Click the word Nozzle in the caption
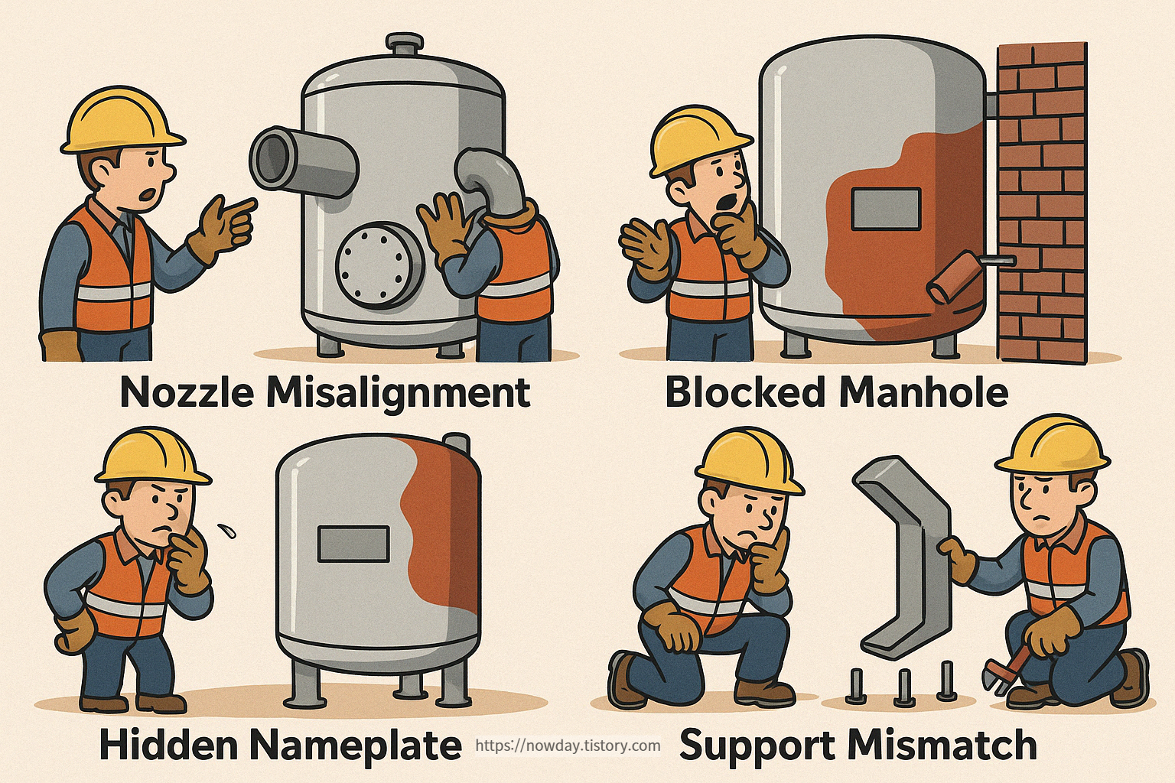click(x=187, y=392)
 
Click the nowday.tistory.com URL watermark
click(x=568, y=746)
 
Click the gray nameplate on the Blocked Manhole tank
click(x=885, y=209)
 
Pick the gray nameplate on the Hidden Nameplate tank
click(x=353, y=544)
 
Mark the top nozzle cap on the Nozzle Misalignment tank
click(x=403, y=44)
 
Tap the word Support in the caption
click(x=747, y=745)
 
